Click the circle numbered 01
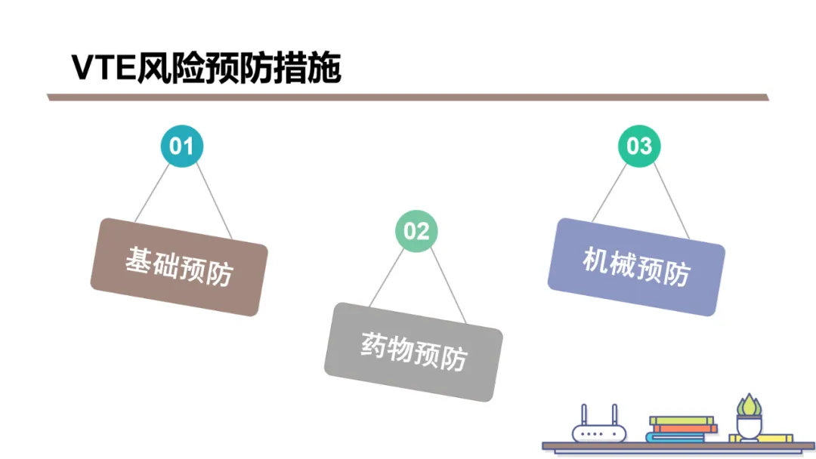pos(181,146)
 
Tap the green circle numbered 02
pos(416,231)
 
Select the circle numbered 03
pos(639,146)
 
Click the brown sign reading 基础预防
pos(178,266)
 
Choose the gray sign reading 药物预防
pos(413,351)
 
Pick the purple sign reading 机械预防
pos(636,266)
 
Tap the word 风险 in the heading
pos(170,69)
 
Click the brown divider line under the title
pos(408,97)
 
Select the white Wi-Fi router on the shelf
pos(598,433)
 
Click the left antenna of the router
pos(583,414)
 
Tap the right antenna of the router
pos(614,414)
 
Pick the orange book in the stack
pos(686,428)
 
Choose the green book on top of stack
pos(681,420)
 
